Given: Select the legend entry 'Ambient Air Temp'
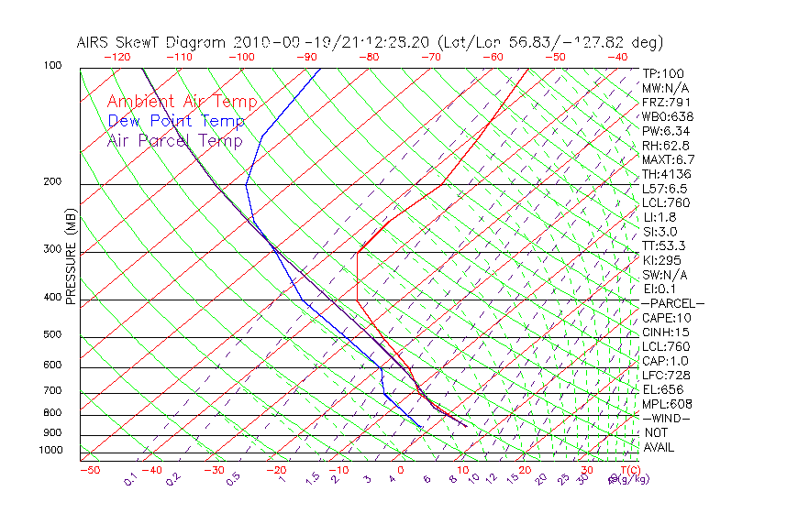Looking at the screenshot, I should [182, 102].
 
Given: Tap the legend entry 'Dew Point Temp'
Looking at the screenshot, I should [176, 121].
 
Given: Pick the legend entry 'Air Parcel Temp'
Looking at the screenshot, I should [174, 140].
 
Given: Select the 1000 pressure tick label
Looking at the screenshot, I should [51, 450].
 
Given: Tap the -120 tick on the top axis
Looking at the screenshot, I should [116, 57].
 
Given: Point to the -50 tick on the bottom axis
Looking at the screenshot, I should [89, 470].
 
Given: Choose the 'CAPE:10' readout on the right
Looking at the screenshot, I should [665, 318].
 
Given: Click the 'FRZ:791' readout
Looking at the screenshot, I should [666, 103].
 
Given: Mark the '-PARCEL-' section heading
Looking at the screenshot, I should [672, 303].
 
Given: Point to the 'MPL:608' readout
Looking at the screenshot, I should [667, 404].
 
